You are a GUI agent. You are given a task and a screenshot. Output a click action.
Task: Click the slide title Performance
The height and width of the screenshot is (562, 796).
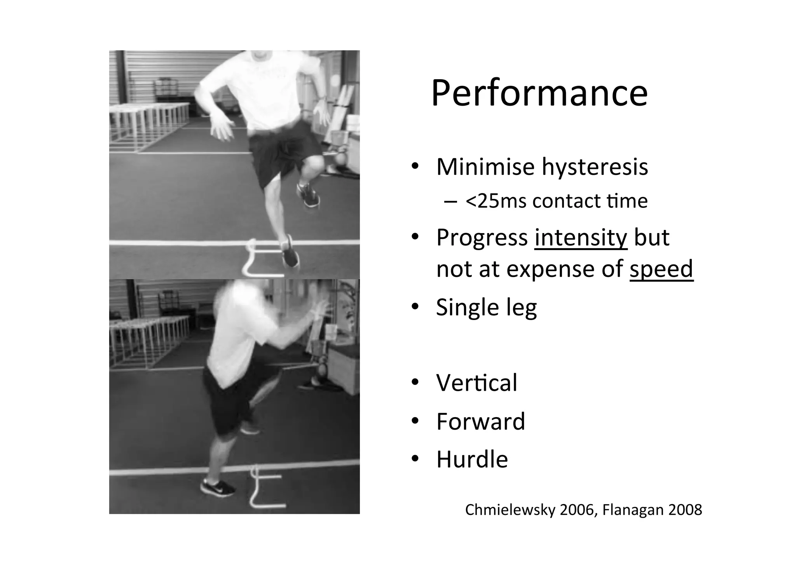(539, 94)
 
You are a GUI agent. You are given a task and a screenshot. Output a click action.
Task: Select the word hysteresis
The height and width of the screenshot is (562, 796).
(595, 167)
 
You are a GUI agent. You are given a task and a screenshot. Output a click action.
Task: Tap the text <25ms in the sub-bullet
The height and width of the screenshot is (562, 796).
(484, 201)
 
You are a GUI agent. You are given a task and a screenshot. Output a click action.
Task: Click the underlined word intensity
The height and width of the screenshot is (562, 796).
(581, 237)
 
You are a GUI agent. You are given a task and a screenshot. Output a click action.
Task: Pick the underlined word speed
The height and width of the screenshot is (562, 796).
(661, 269)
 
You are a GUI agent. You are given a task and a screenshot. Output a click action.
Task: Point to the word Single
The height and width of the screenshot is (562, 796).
(468, 308)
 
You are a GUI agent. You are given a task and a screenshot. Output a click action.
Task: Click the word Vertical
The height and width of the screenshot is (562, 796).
(477, 383)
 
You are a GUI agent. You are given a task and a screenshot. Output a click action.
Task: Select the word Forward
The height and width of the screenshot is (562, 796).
(480, 421)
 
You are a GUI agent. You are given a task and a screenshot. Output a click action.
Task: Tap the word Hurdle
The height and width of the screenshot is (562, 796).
(472, 459)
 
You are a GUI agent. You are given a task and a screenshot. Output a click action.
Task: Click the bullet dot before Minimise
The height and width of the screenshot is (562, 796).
(415, 167)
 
